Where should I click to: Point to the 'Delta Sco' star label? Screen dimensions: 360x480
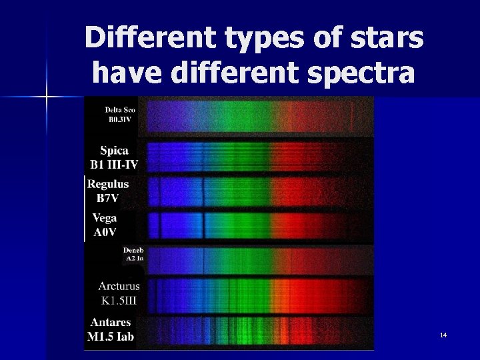120,110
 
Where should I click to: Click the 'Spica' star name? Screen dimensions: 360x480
114,151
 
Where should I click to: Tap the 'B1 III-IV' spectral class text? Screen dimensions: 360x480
114,164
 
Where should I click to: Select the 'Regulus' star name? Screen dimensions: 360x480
109,184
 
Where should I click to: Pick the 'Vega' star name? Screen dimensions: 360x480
105,218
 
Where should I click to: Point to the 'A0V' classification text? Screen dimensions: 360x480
105,231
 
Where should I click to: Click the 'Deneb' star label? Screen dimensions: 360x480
133,250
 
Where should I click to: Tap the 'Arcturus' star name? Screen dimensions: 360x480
119,287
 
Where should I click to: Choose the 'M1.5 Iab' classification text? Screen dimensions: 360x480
111,336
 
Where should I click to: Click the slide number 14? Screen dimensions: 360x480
443,334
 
